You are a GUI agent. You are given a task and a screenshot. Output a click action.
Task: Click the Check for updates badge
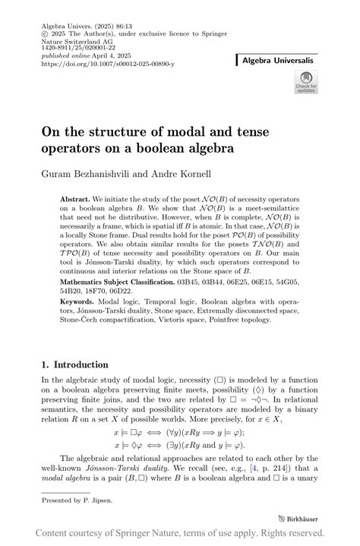click(x=305, y=82)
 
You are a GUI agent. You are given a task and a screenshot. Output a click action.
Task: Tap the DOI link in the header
click(x=109, y=64)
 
